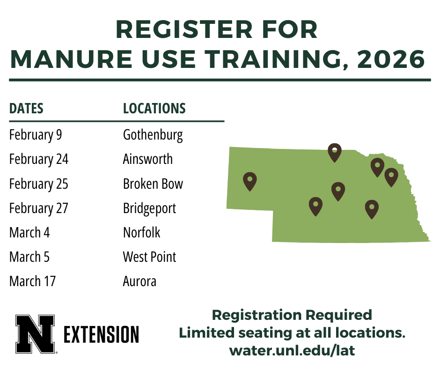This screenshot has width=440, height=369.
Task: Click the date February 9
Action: pos(36,135)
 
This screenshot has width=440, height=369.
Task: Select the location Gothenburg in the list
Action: pos(153,135)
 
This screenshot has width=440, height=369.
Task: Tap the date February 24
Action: pos(39,160)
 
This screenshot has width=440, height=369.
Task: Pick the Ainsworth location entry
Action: pos(147,160)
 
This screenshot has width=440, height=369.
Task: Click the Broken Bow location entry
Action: pos(153,184)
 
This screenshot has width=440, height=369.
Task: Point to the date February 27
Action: pos(39,208)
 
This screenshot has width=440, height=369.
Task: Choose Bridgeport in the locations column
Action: pos(149,208)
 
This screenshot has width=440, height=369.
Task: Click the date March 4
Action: pos(29,233)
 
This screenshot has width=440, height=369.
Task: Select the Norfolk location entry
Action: pos(141,233)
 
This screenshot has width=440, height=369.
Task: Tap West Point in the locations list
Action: pos(149,257)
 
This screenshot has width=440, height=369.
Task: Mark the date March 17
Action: pos(32,281)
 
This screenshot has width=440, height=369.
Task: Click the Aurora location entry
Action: pos(139,281)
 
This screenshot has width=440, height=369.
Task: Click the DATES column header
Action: pos(26,109)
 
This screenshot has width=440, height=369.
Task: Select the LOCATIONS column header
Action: pos(154,109)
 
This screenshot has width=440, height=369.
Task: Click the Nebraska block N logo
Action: pos(35,333)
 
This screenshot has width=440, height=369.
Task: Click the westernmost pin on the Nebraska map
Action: pos(250,181)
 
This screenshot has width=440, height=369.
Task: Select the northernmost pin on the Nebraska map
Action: pos(334,152)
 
